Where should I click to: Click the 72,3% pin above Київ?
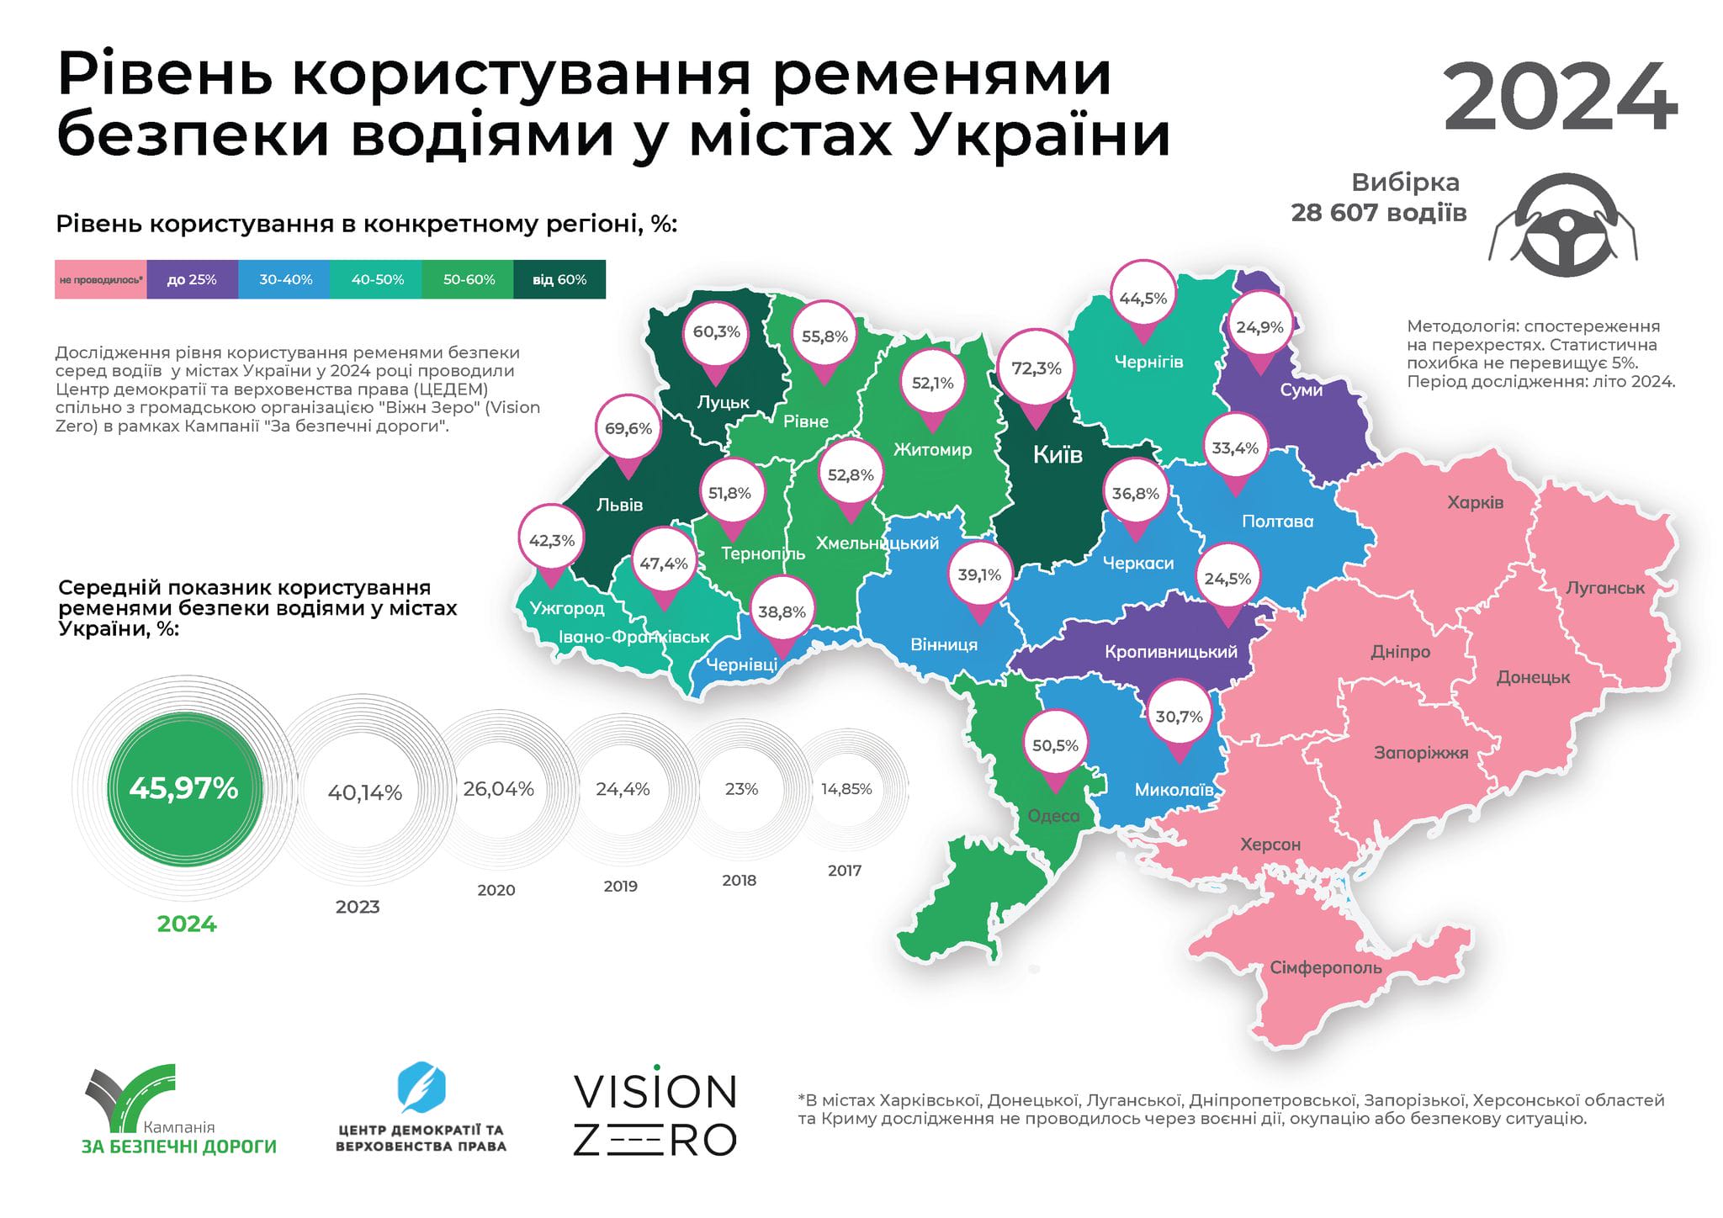[1036, 368]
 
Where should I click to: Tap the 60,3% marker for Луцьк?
[716, 332]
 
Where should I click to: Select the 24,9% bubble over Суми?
[1259, 327]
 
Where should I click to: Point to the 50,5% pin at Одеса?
[1055, 746]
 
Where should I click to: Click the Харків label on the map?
[1475, 503]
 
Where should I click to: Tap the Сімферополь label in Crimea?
[1325, 968]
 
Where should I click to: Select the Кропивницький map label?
[1170, 652]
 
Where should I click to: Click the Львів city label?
[619, 505]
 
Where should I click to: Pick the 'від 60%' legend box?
[559, 280]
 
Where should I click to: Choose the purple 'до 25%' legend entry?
[192, 280]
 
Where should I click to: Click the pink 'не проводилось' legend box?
[101, 280]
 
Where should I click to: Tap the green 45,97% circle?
[184, 789]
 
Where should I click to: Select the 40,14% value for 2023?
[364, 792]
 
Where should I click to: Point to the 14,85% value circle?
[846, 789]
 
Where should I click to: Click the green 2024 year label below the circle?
[187, 924]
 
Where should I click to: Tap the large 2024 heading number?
[1560, 98]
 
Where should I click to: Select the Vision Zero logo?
[655, 1115]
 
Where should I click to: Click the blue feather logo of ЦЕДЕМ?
[421, 1088]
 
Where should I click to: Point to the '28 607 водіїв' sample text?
[1378, 213]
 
